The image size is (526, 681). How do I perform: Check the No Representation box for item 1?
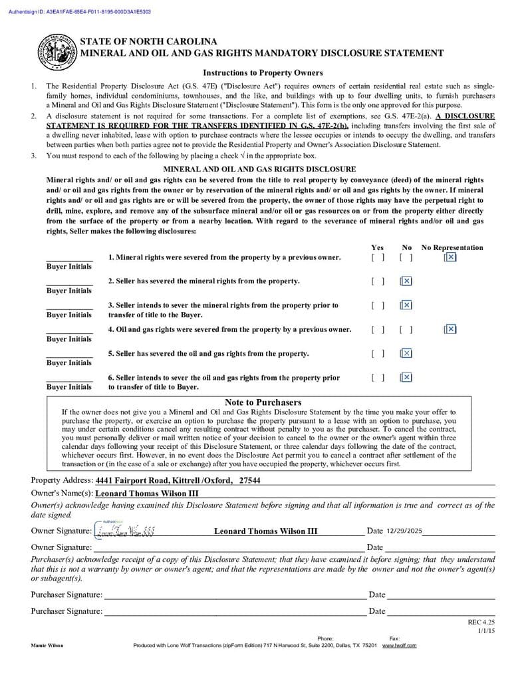point(450,257)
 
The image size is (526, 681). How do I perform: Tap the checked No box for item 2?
point(406,281)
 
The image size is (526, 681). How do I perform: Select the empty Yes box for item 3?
point(378,305)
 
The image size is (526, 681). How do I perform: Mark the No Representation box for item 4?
point(450,329)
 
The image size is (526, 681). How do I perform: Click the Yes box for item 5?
point(378,354)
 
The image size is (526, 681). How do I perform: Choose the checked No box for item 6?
point(406,378)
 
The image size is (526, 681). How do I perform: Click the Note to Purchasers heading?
point(263,402)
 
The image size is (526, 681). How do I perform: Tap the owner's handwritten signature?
point(126,531)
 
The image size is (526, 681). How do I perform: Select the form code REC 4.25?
point(481,622)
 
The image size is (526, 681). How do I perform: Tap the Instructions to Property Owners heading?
point(263,72)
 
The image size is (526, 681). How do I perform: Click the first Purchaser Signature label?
point(66,595)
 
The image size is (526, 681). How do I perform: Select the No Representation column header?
point(452,247)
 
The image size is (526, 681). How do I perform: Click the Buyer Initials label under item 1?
point(69,267)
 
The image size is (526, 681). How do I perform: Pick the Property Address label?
point(62,480)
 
